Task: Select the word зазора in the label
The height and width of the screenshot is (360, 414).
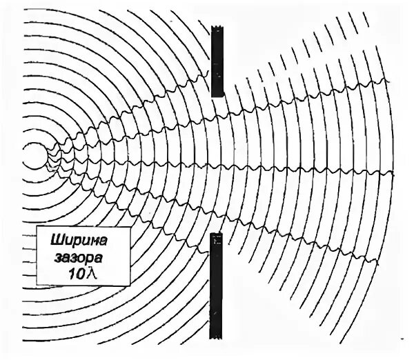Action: point(77,259)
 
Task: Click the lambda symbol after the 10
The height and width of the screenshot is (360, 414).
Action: point(86,274)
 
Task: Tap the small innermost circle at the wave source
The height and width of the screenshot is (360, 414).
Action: point(32,157)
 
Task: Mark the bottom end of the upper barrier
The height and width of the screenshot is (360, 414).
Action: point(218,96)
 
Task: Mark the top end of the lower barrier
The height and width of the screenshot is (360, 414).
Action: point(215,234)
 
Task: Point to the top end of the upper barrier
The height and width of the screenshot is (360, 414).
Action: point(218,26)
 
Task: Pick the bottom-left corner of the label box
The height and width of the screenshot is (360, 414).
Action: point(40,284)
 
